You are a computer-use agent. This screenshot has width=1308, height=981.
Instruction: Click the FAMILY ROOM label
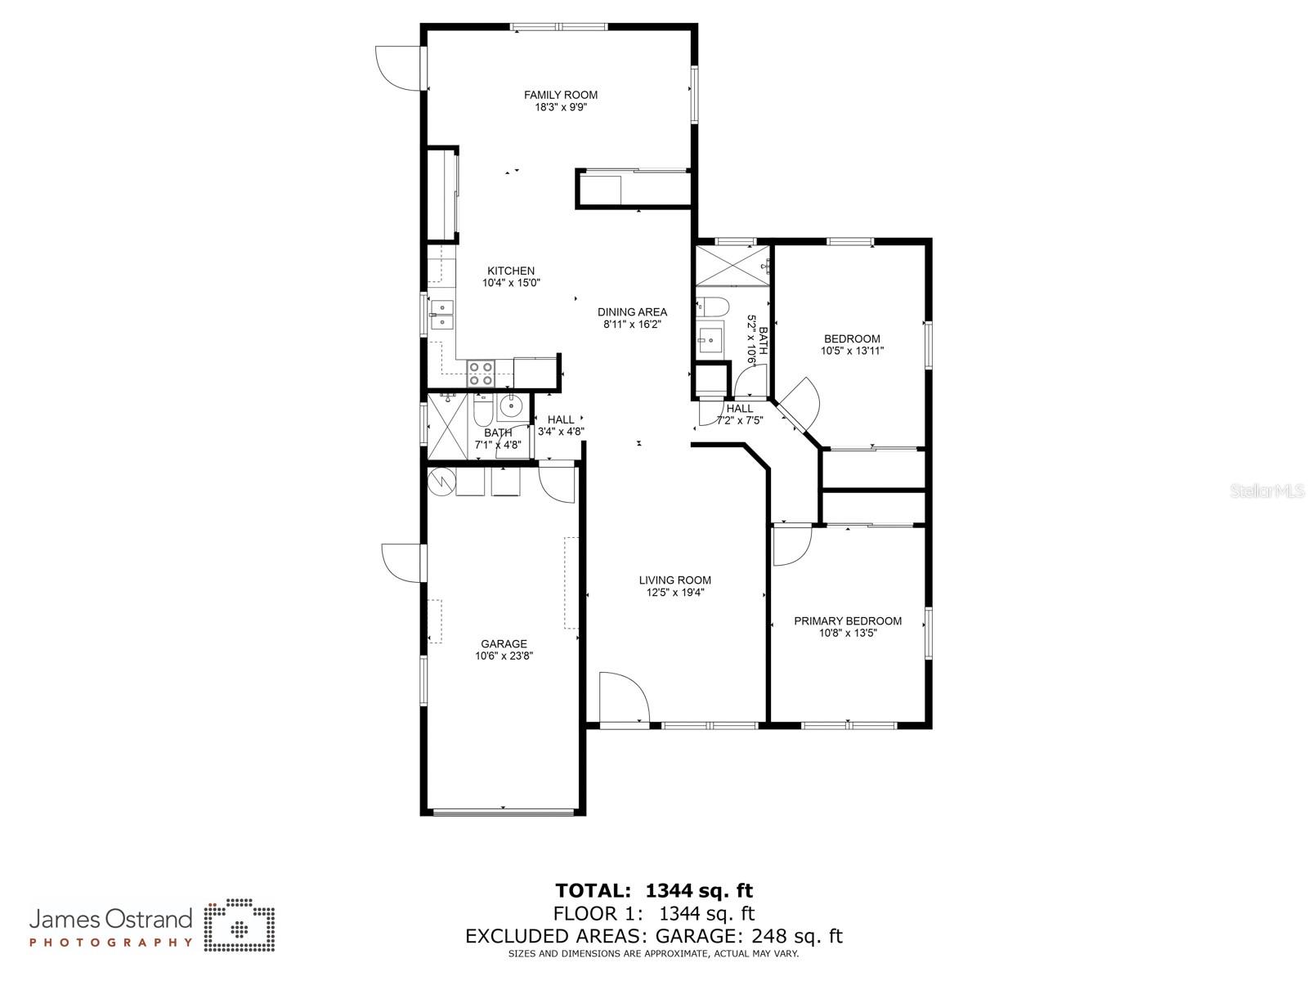point(561,95)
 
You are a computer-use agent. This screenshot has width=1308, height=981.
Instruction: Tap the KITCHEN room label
point(511,271)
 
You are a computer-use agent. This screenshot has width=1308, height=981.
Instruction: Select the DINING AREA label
point(632,311)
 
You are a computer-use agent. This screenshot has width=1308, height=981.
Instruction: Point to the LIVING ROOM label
point(675,580)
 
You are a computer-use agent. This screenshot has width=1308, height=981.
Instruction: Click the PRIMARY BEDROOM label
point(848,620)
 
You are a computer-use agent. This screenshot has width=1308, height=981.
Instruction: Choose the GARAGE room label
point(504,643)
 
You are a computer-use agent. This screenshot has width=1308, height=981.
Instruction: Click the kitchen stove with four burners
point(481,374)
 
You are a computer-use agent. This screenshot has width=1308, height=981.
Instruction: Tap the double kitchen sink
point(442,315)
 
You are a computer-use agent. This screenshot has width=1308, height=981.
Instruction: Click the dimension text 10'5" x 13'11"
point(852,351)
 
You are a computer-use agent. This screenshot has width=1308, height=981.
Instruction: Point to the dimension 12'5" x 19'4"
point(675,593)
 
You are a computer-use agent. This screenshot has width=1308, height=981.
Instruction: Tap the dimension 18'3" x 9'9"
point(561,107)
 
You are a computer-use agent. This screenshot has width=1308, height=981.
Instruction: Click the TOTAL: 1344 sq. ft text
point(654,890)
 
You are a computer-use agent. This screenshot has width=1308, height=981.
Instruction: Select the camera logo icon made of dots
point(239,926)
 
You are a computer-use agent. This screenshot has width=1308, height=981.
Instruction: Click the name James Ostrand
point(111,920)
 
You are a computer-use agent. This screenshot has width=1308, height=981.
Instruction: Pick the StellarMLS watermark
point(1267,491)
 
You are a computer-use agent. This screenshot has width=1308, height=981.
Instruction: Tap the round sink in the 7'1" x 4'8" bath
point(512,405)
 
